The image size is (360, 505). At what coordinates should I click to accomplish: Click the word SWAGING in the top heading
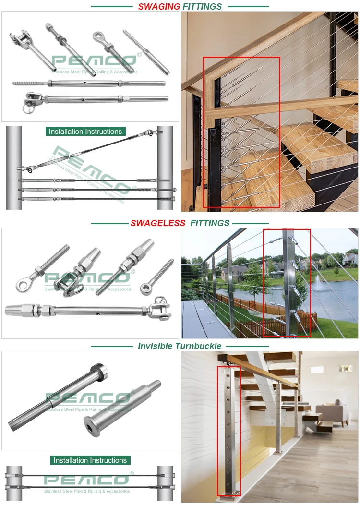point(159,6)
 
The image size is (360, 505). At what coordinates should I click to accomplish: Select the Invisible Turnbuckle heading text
point(180,346)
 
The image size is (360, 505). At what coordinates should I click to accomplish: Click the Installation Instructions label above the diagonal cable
point(85,132)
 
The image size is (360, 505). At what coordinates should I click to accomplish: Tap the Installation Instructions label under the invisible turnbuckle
point(90,460)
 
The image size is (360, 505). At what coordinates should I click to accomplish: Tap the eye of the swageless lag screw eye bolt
point(145,288)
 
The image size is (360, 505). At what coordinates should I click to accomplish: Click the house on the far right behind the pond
point(350,259)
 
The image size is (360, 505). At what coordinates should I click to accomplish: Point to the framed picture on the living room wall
point(345,368)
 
